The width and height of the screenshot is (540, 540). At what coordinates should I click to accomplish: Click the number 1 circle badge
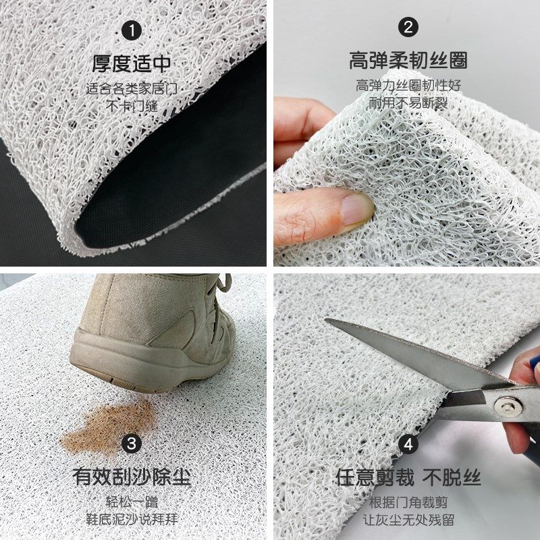[x=132, y=31]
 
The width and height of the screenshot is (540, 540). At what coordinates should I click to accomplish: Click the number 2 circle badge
[x=408, y=28]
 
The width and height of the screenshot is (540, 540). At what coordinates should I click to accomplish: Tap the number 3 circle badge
[x=132, y=443]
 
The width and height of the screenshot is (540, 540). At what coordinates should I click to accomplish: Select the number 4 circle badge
[x=408, y=444]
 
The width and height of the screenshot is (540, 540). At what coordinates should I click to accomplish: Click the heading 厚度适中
[x=132, y=64]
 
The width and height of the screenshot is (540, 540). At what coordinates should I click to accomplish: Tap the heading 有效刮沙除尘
[x=132, y=477]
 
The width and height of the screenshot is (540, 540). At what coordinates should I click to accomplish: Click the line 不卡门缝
[x=132, y=105]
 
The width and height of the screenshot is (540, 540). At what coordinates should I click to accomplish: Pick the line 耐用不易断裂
[x=408, y=103]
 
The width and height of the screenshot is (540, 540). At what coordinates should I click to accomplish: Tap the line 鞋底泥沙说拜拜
[x=132, y=519]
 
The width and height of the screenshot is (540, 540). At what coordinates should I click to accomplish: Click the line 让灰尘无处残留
[x=408, y=519]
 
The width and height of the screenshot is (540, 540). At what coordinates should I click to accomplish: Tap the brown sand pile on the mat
[x=108, y=425]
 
